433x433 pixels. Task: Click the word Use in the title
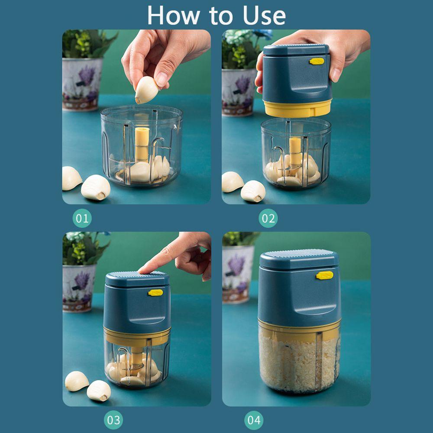(264, 16)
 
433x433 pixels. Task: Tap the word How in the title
(174, 16)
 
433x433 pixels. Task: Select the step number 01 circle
(82, 218)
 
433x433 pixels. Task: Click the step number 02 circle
(268, 218)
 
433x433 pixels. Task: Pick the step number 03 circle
(113, 420)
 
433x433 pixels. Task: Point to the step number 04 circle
(254, 420)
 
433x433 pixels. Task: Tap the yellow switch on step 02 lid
(317, 61)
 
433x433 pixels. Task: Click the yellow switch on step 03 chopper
(155, 293)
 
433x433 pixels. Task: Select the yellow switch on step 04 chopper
(325, 275)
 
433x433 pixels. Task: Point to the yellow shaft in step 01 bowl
(142, 144)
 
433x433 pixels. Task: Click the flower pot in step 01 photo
(82, 84)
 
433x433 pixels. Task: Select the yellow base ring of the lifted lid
(297, 108)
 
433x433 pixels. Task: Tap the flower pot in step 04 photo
(238, 275)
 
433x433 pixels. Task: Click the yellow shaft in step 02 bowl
(295, 152)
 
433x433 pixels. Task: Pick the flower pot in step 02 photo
(239, 92)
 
